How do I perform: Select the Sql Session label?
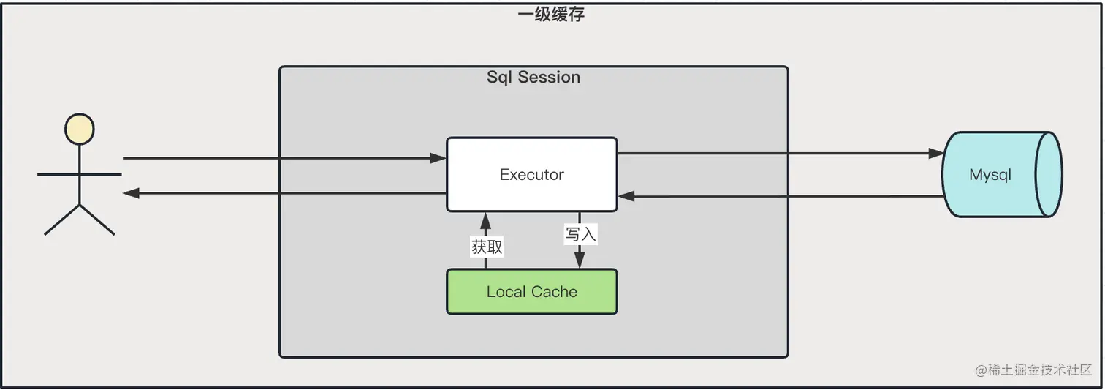533,78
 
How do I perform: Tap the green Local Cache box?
532,292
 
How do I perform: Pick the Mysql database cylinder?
1000,175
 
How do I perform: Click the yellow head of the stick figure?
79,130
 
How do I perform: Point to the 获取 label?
487,247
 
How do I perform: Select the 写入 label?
580,234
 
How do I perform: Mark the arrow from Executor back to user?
285,193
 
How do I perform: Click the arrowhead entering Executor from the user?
439,158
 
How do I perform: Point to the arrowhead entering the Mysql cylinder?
936,154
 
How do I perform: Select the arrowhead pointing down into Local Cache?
580,261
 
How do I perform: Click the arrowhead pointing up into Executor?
485,219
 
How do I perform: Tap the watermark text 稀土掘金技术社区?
1033,370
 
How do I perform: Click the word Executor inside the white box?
532,175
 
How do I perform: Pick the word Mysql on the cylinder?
990,175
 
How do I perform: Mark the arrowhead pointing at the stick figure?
131,193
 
